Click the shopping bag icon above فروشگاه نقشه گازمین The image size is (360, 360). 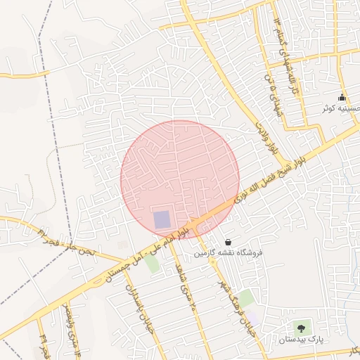coord(227,241)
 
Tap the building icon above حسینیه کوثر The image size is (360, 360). coord(342,97)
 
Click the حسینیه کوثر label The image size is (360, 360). coord(341,109)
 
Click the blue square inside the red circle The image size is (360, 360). coord(162,219)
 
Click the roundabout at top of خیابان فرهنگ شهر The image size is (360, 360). coord(212,261)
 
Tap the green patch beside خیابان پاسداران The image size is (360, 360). coord(152,264)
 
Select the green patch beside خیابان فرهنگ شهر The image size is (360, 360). coord(246,298)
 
